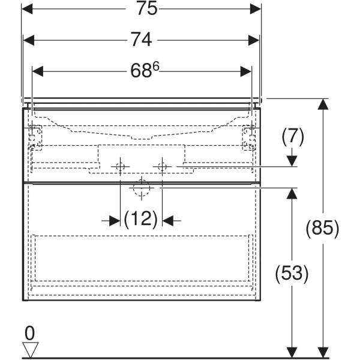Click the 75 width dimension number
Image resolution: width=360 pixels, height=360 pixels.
[147, 8]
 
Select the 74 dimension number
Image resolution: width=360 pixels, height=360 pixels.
[141, 40]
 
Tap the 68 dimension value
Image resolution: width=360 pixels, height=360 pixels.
[141, 71]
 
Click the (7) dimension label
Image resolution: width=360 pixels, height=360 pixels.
[293, 137]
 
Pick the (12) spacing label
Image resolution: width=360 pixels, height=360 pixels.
[141, 219]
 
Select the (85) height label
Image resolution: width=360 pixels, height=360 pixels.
[322, 228]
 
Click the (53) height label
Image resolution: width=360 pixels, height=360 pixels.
[292, 274]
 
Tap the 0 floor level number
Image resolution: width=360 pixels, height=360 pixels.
[29, 333]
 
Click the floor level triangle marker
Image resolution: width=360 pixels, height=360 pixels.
[31, 349]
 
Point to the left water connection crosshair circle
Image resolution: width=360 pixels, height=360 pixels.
[121, 166]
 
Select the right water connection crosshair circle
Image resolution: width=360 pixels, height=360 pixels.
[163, 166]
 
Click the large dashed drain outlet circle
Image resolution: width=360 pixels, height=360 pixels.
[142, 188]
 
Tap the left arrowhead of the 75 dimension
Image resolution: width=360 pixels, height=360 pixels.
[27, 9]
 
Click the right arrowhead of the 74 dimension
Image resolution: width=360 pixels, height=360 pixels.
[254, 40]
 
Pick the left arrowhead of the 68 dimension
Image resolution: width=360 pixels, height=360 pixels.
[38, 71]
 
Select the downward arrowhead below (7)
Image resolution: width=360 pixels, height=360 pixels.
[292, 161]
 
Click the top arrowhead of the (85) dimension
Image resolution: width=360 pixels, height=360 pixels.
[323, 104]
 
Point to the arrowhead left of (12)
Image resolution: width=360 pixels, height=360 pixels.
[115, 221]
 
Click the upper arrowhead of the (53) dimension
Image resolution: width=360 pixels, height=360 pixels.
[292, 193]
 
